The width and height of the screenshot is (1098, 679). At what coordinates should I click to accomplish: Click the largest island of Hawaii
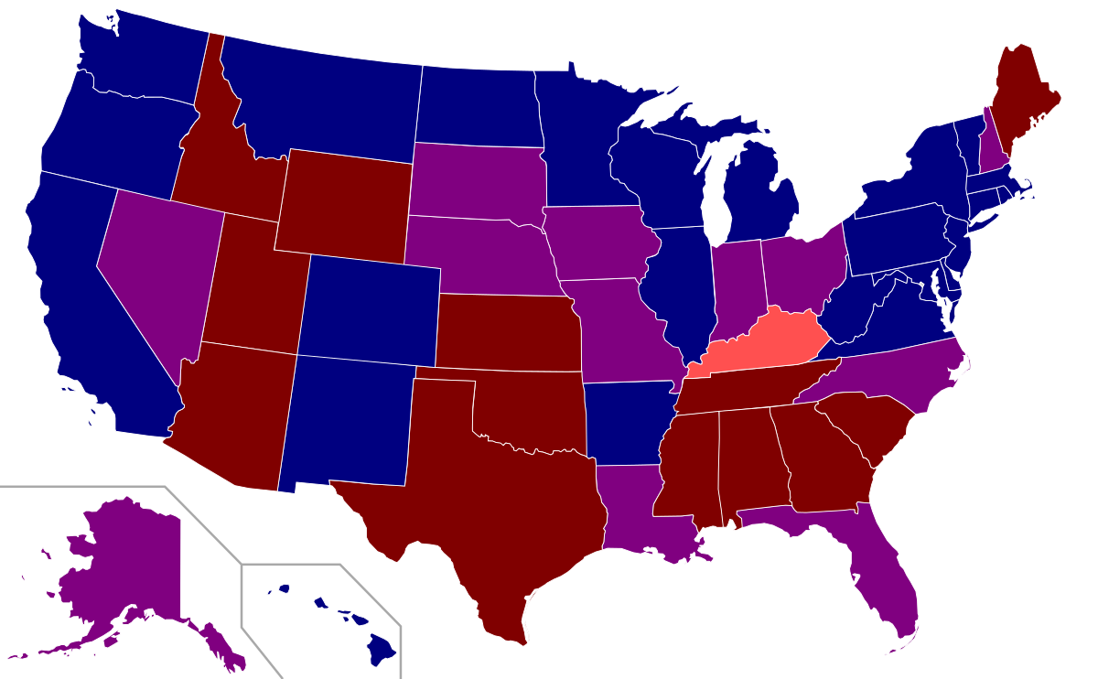click(381, 652)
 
